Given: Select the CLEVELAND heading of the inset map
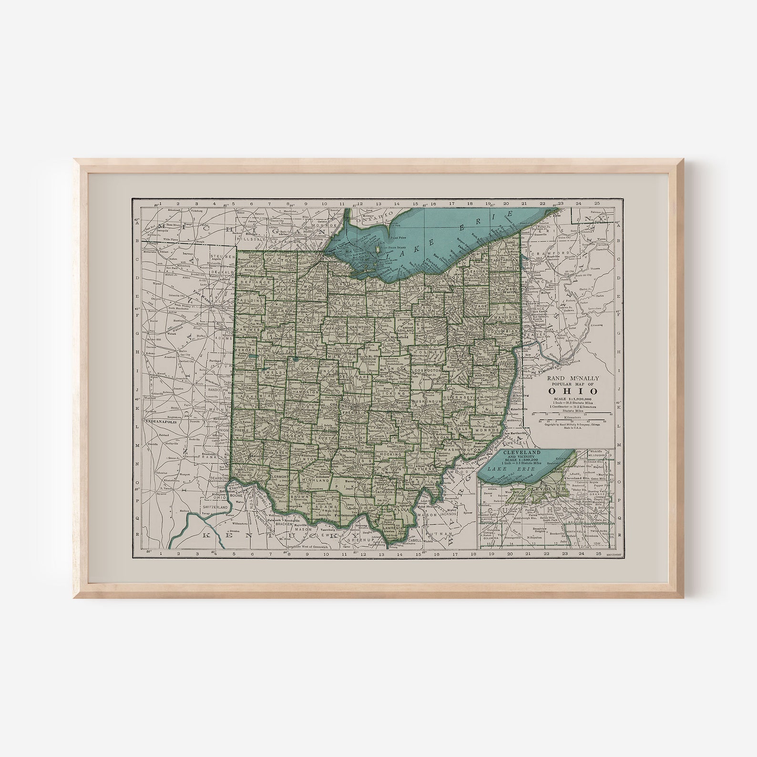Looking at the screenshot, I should (x=510, y=451).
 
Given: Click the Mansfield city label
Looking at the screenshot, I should (x=400, y=337).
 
